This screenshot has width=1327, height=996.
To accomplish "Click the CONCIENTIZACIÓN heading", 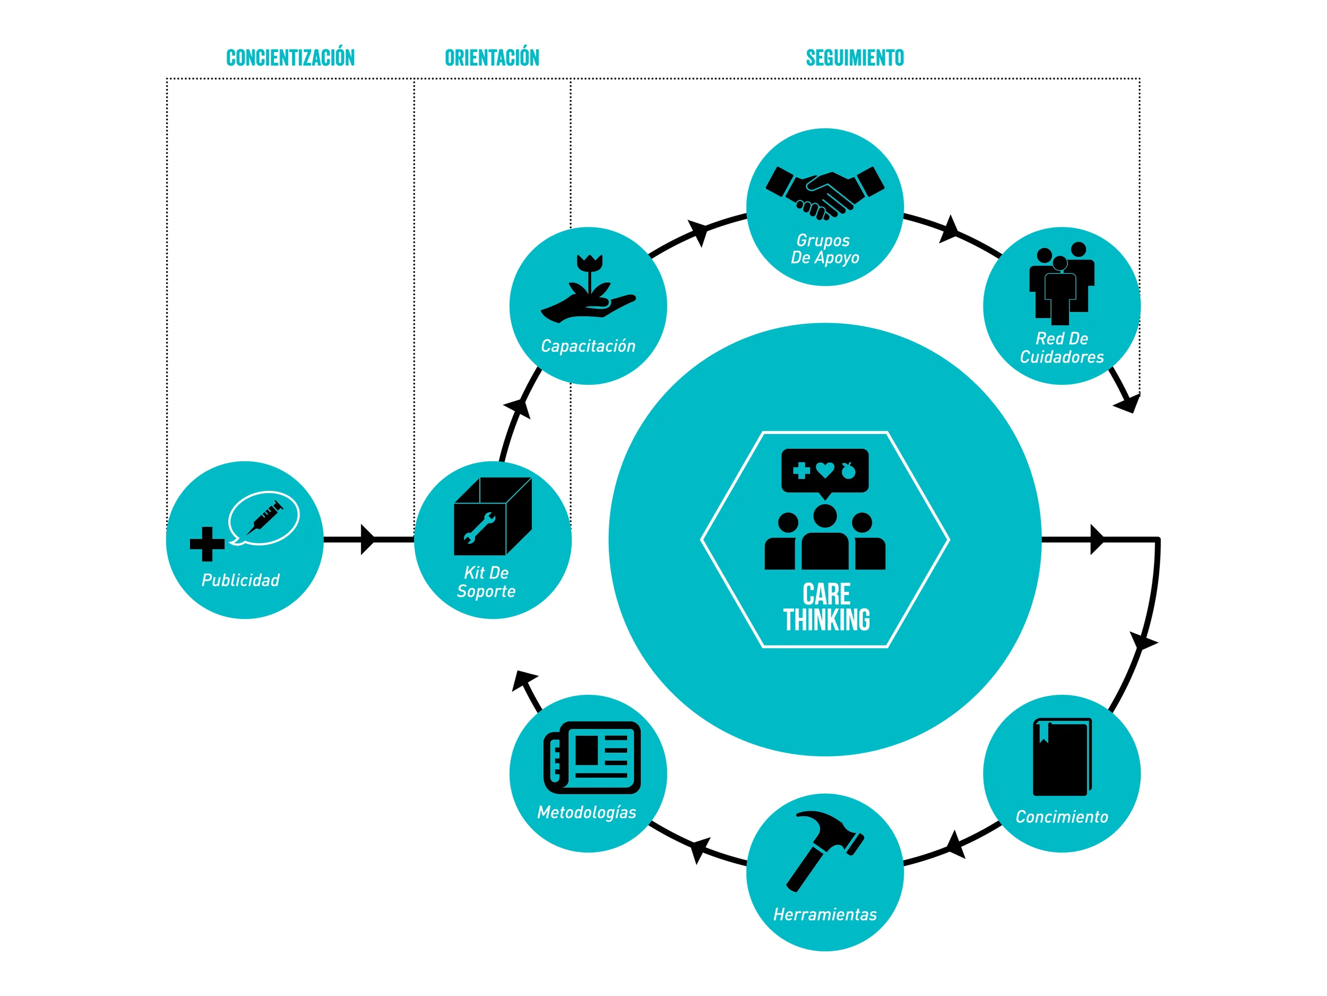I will pos(290,57).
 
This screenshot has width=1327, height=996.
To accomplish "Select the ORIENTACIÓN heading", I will pos(492,57).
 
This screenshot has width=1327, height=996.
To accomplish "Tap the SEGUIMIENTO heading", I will pos(855,57).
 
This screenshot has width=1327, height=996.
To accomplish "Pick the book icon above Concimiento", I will pos(1062,757).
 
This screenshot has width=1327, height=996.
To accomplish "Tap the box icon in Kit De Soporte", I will pos(493,516).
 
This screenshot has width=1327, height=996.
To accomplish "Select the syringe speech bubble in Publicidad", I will pos(264,518).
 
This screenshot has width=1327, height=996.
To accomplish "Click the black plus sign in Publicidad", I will pos(207,544).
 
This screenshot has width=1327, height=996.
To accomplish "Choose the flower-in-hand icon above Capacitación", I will pos(589,288).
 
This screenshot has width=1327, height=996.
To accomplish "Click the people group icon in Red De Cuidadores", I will pos(1062,283).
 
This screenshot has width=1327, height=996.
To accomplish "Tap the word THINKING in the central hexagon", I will pos(826,620).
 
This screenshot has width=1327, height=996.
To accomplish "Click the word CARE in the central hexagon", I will pos(826,594).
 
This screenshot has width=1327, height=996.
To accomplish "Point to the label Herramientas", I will pos(825,914).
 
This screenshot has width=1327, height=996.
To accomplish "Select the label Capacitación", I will pos(588,346).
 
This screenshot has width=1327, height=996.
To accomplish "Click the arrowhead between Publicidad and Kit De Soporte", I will pos(367,539).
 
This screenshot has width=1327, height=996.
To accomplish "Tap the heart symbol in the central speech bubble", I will pos(825,470).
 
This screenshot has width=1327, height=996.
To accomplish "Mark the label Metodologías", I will pos(587,812).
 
